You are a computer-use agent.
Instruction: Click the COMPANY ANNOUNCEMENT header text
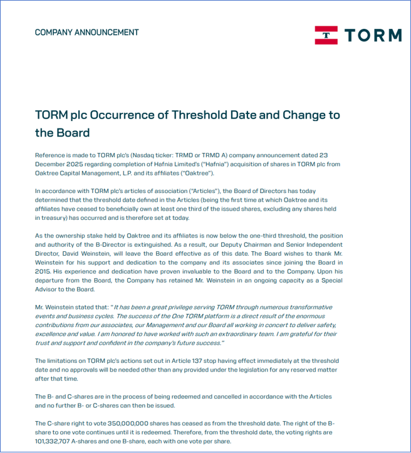point(86,32)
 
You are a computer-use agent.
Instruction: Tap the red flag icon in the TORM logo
point(326,35)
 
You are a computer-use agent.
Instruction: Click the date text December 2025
point(56,164)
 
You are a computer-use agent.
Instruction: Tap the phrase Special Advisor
point(326,280)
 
